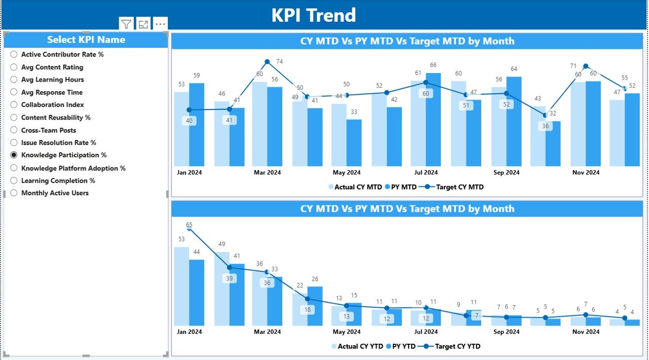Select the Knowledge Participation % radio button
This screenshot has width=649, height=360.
14,155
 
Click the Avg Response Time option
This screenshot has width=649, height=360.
52,92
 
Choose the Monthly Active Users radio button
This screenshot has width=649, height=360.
14,193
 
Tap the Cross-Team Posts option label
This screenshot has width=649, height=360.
49,130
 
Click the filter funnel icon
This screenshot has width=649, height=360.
126,24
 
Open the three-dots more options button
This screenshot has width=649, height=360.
160,24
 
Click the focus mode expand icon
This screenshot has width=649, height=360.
143,24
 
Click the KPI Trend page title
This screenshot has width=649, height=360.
313,15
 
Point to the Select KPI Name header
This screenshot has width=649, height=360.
86,40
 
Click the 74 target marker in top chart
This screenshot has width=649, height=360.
268,62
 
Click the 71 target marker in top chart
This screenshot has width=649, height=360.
586,66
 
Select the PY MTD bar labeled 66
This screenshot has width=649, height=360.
433,119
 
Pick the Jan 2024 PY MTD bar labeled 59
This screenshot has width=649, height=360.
197,124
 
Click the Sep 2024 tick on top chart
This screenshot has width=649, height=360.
506,172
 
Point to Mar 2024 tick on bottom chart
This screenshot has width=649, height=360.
267,332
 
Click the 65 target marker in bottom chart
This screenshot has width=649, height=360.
189,228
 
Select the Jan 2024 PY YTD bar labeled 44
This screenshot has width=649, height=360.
197,292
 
